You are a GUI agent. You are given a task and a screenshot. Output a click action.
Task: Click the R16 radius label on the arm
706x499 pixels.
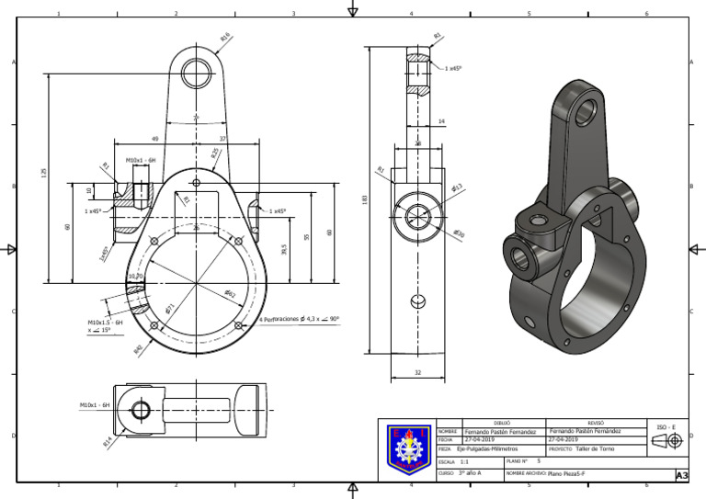coord(225,38)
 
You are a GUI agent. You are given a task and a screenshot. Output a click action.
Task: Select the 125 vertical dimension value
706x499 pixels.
coord(43,173)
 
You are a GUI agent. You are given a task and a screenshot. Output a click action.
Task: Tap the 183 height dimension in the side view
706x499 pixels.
coord(365,199)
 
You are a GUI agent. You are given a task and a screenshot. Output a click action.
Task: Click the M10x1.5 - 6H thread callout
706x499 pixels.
coord(106,323)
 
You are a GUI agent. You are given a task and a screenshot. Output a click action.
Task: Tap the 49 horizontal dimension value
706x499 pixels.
coord(154,139)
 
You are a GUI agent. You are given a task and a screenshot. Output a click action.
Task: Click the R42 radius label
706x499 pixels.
coord(138,349)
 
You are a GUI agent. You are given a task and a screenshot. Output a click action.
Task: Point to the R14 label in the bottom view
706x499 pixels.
coord(108,442)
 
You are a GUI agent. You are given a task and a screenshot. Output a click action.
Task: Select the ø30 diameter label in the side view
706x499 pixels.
coord(459,234)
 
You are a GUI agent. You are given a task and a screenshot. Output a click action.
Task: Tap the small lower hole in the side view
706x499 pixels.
coord(418,300)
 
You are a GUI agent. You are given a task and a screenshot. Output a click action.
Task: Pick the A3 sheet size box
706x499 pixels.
coord(681,475)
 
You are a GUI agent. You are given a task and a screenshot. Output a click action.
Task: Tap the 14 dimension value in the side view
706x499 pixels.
coord(441,120)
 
